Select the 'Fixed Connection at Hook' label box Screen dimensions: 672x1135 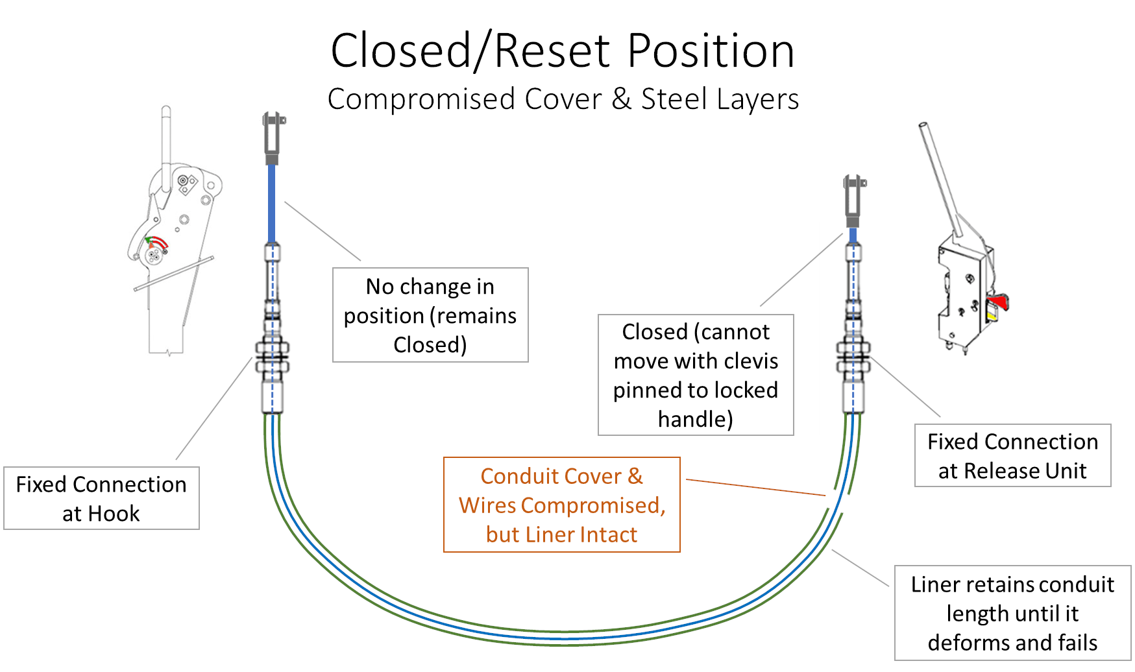101,498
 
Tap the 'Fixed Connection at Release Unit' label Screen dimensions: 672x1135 1012,455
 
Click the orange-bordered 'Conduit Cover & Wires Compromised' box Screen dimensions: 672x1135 561,505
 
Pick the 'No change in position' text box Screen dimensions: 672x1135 430,315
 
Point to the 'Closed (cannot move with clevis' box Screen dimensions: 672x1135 696,375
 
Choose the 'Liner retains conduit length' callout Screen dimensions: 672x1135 1012,613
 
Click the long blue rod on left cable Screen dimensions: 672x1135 272,204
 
